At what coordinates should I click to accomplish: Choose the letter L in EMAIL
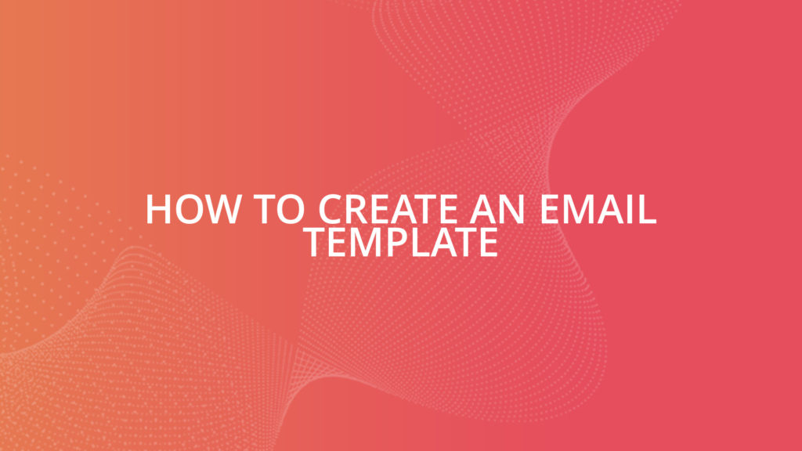647,210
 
